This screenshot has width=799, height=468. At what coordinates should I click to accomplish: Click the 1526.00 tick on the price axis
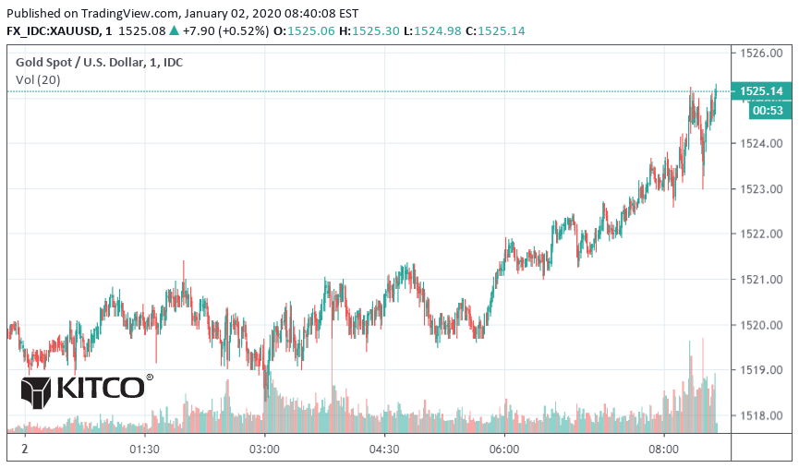(x=764, y=53)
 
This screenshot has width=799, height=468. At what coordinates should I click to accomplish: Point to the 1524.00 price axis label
(x=764, y=143)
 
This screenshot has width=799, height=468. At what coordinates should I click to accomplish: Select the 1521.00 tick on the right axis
(x=764, y=279)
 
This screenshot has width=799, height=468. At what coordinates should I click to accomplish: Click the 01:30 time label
(x=145, y=450)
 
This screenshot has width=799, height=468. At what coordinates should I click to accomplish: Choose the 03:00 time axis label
(x=265, y=450)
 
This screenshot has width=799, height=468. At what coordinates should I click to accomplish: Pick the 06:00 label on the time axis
(x=504, y=450)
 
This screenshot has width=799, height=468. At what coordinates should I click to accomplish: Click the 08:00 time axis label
(x=664, y=450)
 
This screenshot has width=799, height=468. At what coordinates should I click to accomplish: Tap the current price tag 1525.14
(x=762, y=91)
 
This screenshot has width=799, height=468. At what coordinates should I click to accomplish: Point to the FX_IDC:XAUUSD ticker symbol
(x=53, y=30)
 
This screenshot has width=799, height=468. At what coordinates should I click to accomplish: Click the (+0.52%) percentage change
(x=244, y=30)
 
